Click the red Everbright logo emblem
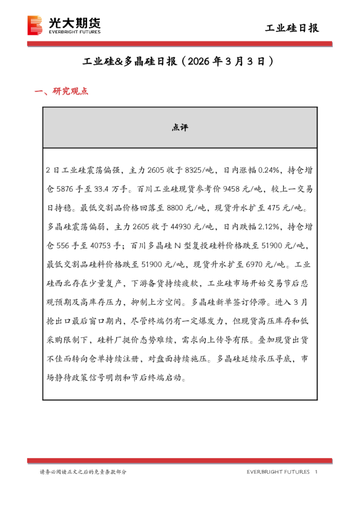click(36, 25)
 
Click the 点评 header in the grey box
click(180, 128)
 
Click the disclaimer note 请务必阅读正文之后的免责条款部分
click(83, 472)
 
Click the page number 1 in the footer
click(316, 472)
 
